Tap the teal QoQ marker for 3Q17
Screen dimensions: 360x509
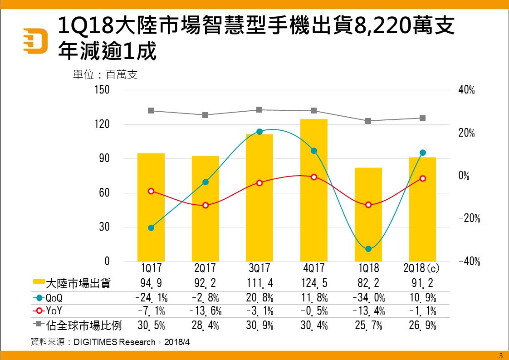coord(259,132)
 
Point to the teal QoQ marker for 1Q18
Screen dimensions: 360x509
coord(368,249)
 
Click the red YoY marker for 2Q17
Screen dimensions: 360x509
coord(205,205)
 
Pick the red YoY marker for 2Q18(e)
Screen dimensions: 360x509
coord(422,178)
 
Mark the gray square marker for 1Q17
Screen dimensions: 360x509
coord(151,111)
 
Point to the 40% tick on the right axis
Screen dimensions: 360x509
coord(467,90)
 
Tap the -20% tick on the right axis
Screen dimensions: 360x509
coord(469,219)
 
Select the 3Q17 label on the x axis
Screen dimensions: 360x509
coord(259,268)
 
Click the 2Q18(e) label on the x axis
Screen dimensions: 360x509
coord(421,268)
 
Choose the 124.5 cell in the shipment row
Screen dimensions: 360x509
coord(313,284)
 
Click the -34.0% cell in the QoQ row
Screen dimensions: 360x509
coord(368,298)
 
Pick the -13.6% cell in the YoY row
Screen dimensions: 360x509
coord(205,311)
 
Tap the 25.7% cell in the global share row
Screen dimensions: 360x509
coord(368,325)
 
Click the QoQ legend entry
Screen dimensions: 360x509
coord(50,298)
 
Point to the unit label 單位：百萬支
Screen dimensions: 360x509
coord(105,74)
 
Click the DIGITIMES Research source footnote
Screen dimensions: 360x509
coord(110,342)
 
